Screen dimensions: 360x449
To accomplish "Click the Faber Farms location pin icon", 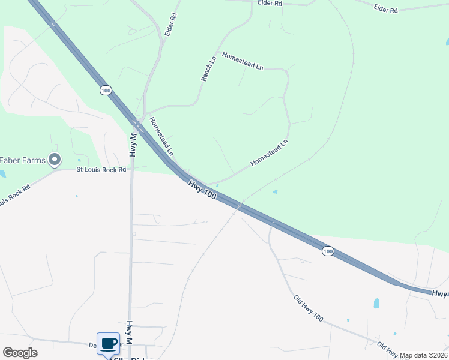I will [x=55, y=160].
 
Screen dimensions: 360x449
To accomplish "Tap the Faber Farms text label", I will [x=22, y=160].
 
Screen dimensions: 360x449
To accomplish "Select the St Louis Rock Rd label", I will [x=101, y=170].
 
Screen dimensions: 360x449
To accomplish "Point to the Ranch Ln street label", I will [x=208, y=70].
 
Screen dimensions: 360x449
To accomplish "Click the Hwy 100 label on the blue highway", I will [x=202, y=191].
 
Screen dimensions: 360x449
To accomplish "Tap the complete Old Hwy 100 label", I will [x=309, y=308].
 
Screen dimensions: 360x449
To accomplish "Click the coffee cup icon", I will [x=108, y=344].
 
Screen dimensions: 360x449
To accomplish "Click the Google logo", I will [x=20, y=353].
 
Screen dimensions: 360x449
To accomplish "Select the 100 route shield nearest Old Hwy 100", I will [x=327, y=250].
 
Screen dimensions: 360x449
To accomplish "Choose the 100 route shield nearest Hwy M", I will [x=106, y=90].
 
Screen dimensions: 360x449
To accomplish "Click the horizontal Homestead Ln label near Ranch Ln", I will [x=243, y=61].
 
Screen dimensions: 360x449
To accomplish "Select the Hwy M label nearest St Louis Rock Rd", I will [x=133, y=145].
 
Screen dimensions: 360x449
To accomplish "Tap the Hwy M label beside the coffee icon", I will [x=129, y=332].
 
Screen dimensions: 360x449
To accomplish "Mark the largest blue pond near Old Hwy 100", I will [x=376, y=304].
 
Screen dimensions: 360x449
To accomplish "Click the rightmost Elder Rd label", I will [x=385, y=9].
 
